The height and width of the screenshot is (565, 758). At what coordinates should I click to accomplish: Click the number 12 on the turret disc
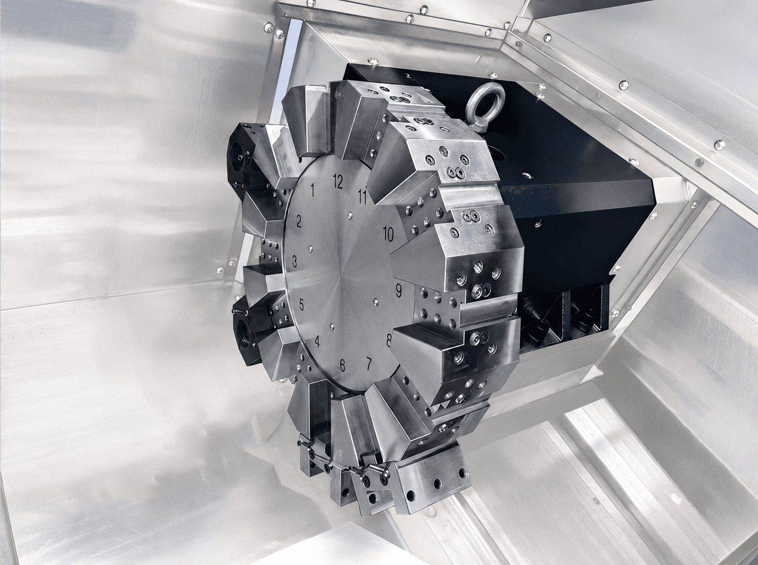(x=338, y=182)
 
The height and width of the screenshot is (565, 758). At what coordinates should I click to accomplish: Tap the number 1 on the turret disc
(x=313, y=189)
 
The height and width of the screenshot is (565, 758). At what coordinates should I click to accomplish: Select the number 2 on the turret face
(x=299, y=221)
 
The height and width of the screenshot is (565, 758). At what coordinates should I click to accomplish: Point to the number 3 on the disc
(x=294, y=261)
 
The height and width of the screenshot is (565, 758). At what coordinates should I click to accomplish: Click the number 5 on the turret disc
(x=301, y=305)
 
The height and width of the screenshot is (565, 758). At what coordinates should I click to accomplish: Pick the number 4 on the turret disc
(x=317, y=342)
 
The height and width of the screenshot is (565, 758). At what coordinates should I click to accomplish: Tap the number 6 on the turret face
(x=342, y=365)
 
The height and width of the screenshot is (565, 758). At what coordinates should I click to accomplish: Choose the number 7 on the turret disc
(x=369, y=364)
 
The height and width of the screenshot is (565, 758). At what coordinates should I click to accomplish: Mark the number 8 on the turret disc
(x=389, y=340)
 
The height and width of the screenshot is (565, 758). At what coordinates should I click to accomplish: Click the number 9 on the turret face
(x=398, y=291)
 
